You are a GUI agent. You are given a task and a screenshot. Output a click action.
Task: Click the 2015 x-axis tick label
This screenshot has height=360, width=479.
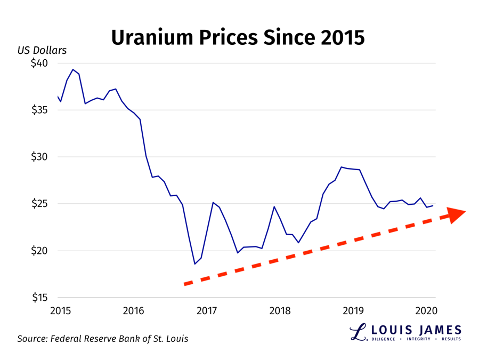(59, 310)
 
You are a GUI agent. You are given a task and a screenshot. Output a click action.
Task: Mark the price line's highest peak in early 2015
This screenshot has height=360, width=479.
(73, 69)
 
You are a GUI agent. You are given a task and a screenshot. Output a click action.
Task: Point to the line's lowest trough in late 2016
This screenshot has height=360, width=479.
(195, 264)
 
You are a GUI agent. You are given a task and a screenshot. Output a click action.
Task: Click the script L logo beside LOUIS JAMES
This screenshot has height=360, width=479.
(358, 332)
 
